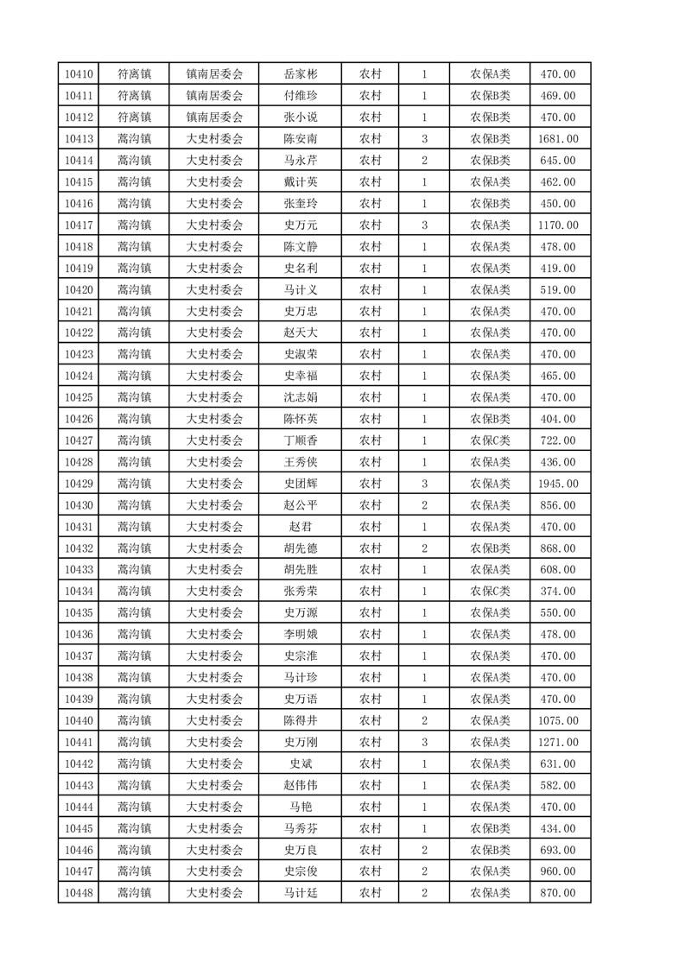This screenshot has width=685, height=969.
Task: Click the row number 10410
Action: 79,74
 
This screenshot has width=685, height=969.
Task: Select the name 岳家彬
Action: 301,74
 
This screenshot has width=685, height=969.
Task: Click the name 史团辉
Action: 301,484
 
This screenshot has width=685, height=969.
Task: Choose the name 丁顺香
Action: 301,440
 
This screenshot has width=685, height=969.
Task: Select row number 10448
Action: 79,893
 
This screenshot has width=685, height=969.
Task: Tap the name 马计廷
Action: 301,893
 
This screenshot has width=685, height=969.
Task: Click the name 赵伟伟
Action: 301,785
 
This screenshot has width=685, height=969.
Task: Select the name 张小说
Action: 301,117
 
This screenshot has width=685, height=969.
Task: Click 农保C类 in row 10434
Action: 490,592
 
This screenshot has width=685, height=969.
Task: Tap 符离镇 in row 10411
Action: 135,96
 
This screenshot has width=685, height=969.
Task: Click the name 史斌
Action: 301,763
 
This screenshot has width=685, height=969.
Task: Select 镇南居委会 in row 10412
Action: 215,117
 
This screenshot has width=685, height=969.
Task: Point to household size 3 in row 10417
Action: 425,225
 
